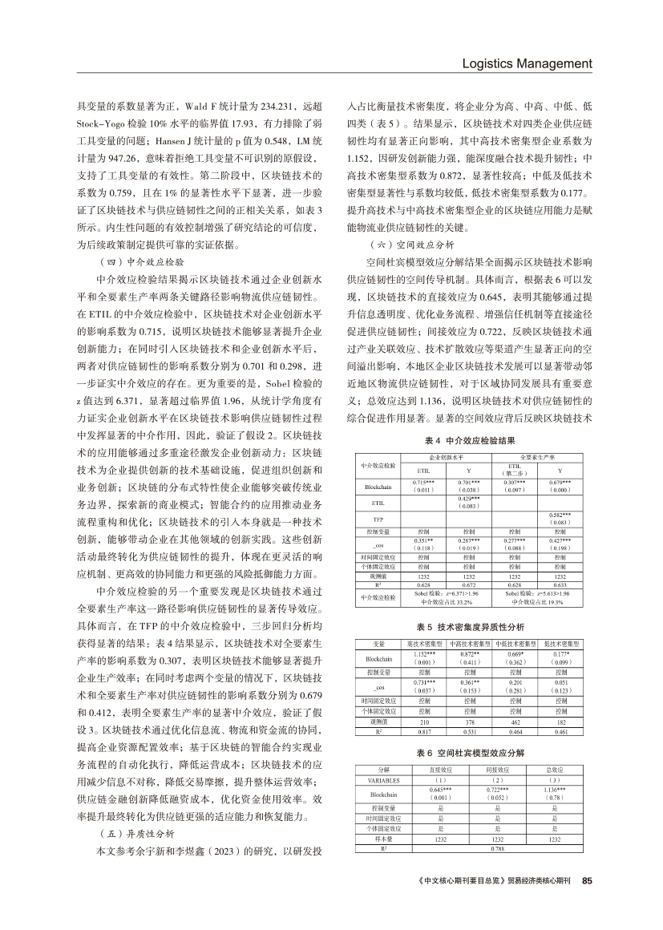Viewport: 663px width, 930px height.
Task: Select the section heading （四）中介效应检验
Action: [139, 261]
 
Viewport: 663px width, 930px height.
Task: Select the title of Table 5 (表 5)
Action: [469, 626]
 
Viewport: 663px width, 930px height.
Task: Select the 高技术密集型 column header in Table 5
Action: [424, 643]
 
